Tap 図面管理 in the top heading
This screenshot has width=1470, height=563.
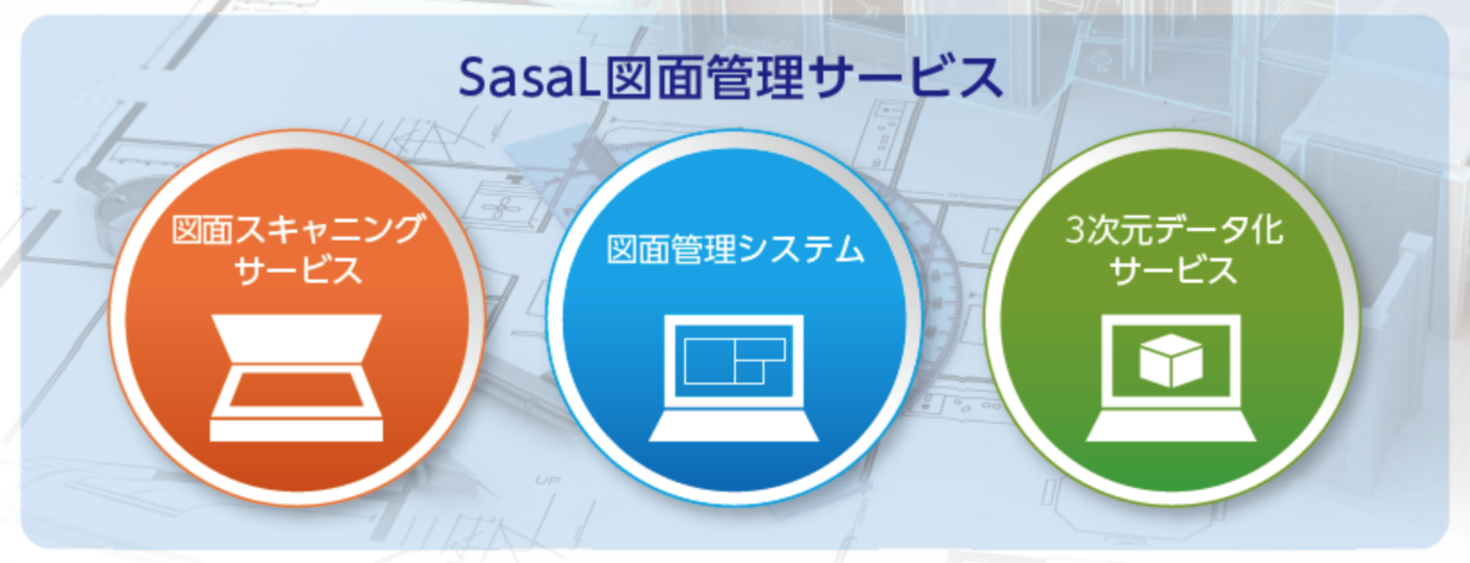point(705,78)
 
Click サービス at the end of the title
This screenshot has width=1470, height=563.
point(906,78)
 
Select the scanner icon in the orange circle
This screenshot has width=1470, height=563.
point(296,377)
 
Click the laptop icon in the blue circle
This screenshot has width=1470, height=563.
point(734,377)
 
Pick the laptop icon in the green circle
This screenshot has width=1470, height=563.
point(1171,377)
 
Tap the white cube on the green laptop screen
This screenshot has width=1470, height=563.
point(1171,360)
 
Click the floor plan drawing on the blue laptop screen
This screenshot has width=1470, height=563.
point(734,360)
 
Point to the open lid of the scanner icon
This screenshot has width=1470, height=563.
point(296,337)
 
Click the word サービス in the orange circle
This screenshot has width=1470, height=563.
point(298,270)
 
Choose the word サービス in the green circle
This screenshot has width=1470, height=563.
point(1173,270)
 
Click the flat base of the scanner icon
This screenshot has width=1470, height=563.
point(296,430)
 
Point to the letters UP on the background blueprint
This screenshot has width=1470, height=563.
point(548,480)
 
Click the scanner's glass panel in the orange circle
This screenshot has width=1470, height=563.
point(296,389)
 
